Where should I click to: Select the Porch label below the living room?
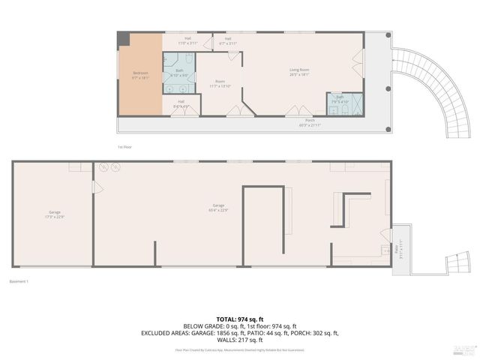[x=309, y=122]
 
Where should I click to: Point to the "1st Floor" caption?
[x=125, y=147]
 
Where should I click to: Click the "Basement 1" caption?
[x=19, y=281]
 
